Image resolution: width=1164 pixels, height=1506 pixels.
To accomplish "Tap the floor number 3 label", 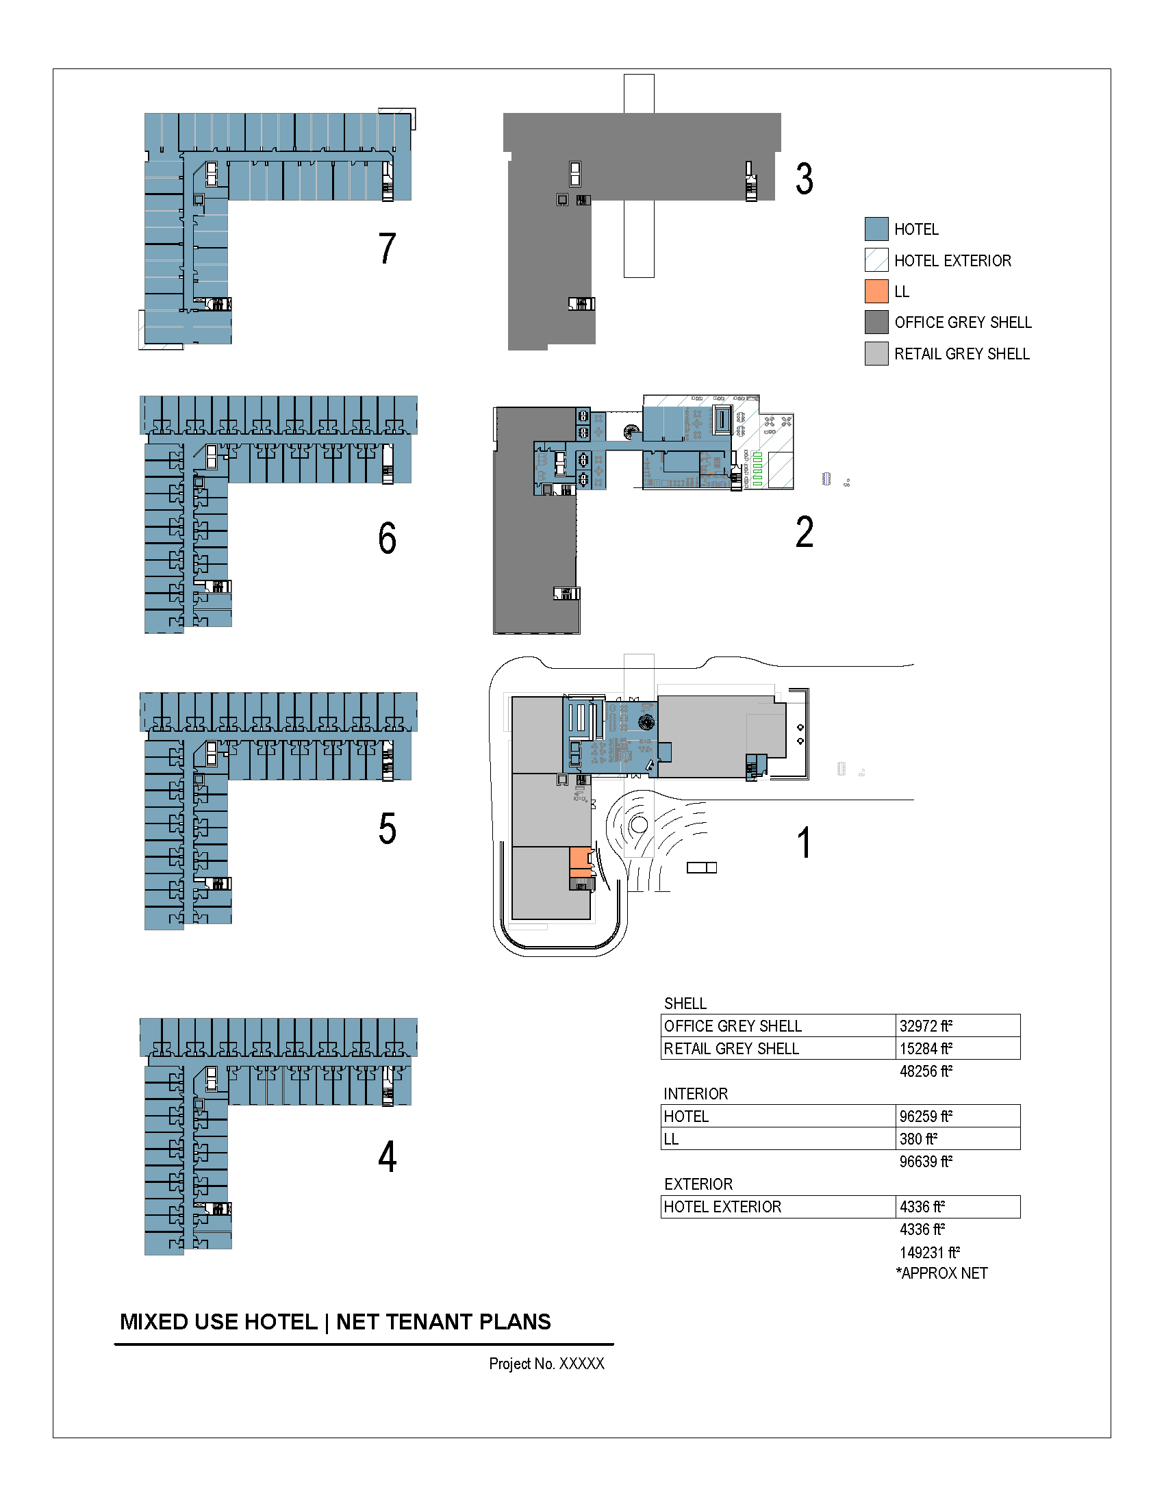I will point(804,179).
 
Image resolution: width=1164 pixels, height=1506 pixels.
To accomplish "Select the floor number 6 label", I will point(387,538).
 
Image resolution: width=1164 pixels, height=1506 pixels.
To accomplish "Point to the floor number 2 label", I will point(804,532).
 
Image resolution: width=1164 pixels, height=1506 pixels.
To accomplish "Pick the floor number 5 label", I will point(387,828).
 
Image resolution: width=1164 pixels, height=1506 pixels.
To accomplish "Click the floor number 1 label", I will point(804,843).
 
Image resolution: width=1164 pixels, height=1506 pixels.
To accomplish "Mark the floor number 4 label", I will point(387,1156).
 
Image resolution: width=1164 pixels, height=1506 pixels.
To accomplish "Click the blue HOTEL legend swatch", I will point(876,229).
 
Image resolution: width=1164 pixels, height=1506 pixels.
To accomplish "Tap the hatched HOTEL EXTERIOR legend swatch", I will point(876,260).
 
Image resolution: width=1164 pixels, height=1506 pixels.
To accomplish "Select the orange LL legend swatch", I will point(876,291).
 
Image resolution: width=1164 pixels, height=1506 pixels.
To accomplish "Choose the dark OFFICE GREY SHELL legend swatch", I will point(876,322).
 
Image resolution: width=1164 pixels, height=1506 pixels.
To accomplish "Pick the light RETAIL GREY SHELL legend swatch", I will point(876,353).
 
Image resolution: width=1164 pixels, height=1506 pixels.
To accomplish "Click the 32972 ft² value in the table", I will point(926,1026).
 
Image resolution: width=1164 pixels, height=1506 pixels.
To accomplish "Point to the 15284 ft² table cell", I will point(926,1049).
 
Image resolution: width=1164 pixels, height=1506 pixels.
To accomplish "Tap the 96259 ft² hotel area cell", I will point(926,1116).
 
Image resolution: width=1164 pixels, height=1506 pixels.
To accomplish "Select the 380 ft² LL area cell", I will point(918,1139).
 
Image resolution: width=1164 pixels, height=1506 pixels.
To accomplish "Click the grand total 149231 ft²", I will point(930,1252).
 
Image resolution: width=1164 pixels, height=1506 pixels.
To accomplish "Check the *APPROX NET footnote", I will point(942,1274).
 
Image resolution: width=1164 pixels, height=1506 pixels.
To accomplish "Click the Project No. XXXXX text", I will point(546,1363).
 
